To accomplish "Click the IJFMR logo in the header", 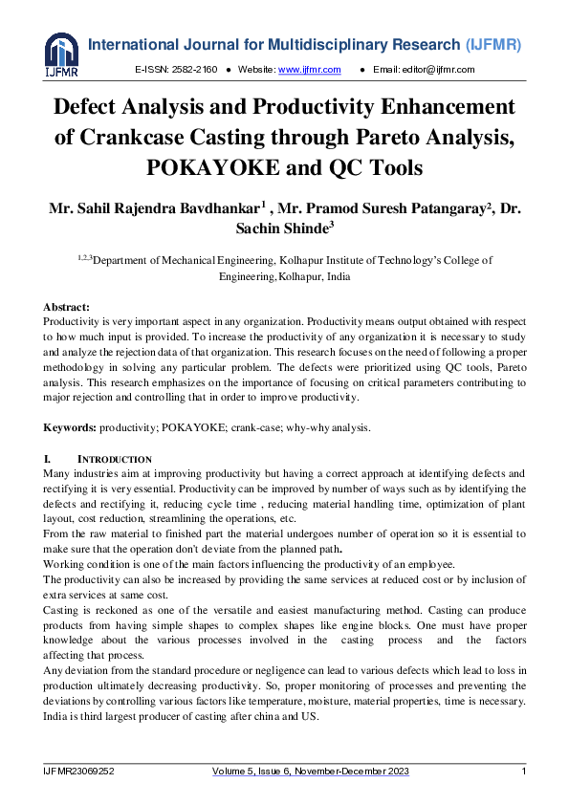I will pos(61,54).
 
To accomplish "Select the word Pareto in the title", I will pos(392,137).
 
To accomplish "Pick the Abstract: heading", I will pos(67,307).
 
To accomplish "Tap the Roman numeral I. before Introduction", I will pos(48,460).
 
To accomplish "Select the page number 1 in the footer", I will pos(523,771).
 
